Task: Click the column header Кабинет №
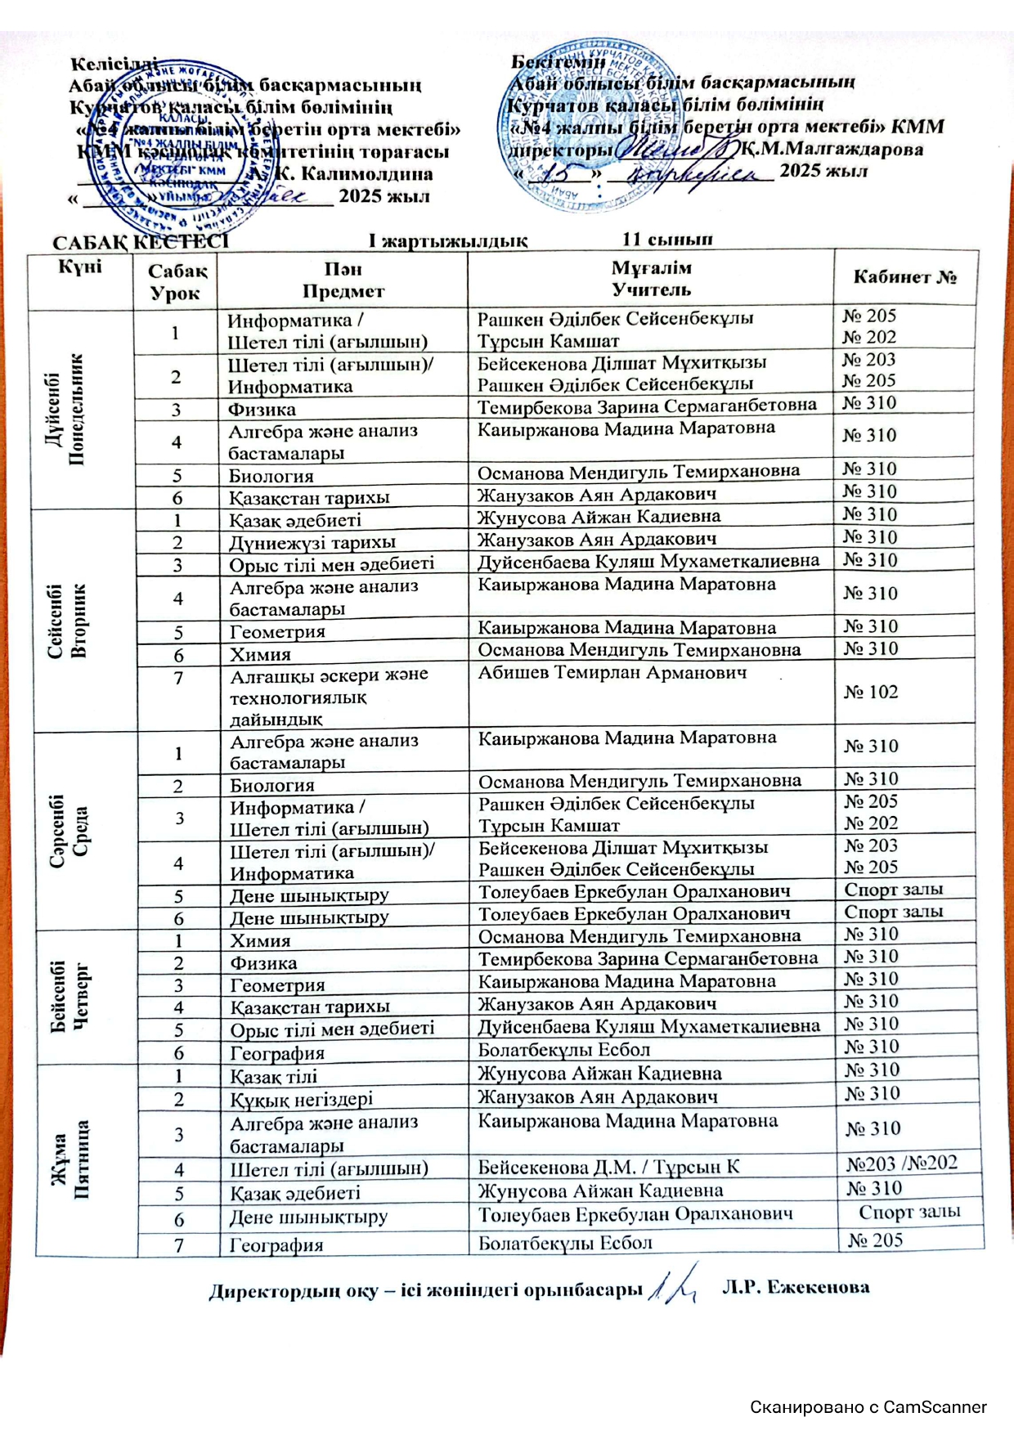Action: click(x=904, y=277)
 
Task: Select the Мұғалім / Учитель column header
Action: click(x=651, y=279)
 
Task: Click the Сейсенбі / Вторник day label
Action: click(x=68, y=621)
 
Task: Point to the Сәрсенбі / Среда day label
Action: click(x=70, y=831)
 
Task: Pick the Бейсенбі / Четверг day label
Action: click(x=71, y=997)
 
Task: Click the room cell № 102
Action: click(x=871, y=692)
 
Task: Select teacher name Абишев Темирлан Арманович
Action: click(x=612, y=673)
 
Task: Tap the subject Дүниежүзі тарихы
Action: click(x=312, y=542)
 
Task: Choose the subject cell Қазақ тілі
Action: click(x=273, y=1076)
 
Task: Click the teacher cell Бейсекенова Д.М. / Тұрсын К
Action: click(x=608, y=1167)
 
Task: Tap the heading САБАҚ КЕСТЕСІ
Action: click(x=140, y=242)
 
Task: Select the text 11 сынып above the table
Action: click(x=666, y=240)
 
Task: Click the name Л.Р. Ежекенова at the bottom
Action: click(x=795, y=1287)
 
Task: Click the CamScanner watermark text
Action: click(x=868, y=1407)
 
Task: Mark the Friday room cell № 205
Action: click(x=875, y=1240)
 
